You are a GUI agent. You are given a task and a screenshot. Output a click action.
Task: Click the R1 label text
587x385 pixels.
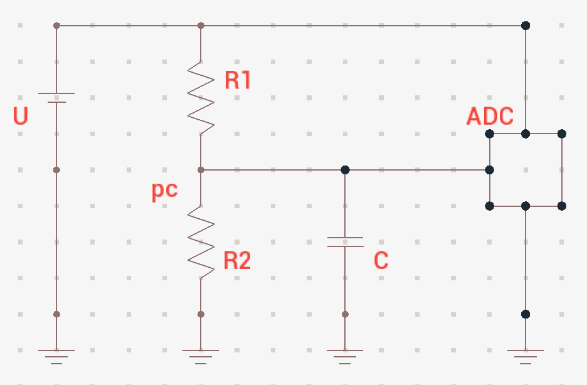click(238, 80)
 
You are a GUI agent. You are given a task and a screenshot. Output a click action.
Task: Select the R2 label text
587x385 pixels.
click(237, 260)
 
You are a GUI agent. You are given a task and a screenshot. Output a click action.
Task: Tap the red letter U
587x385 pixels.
click(21, 115)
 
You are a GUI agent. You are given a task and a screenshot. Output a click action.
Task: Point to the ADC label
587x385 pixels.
click(490, 116)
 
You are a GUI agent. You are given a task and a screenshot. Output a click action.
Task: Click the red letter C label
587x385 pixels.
click(381, 260)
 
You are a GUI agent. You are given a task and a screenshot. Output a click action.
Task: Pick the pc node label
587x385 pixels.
click(164, 191)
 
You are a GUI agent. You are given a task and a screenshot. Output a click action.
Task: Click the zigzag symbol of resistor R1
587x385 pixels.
click(201, 97)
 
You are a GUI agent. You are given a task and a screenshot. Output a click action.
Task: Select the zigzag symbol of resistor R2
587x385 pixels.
click(201, 242)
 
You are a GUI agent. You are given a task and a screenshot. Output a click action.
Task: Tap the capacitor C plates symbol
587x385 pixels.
click(345, 242)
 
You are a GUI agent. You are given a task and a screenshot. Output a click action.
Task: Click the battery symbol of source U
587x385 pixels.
click(56, 98)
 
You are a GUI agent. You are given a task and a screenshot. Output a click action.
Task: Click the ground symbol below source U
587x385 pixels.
click(56, 357)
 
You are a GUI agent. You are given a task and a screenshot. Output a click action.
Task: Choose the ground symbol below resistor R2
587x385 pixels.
click(201, 357)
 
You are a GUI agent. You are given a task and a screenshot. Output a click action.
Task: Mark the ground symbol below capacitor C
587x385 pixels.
click(345, 357)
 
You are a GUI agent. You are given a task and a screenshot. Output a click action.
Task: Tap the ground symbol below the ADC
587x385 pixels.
click(526, 357)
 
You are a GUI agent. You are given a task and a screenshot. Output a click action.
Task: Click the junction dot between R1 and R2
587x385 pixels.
click(201, 170)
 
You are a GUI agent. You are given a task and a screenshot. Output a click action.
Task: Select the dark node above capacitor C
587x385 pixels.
click(345, 170)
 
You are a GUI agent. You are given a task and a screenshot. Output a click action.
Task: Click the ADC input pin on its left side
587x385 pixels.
click(489, 170)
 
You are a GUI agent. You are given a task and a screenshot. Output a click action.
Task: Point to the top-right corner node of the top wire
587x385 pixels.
click(526, 26)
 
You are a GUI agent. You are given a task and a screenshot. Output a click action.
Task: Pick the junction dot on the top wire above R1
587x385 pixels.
click(201, 26)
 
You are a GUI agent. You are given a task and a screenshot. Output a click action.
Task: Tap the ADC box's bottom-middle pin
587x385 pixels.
click(526, 206)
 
